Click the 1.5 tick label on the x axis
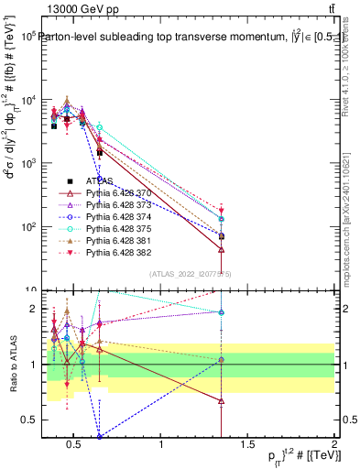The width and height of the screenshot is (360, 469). [248, 446]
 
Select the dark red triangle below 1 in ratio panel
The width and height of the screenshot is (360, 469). [221, 400]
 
